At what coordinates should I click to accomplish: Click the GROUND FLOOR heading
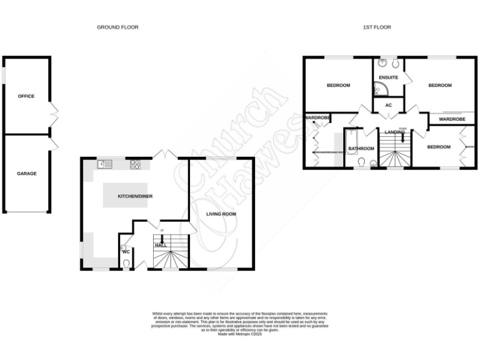[117, 27]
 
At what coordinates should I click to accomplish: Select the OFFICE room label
[26, 96]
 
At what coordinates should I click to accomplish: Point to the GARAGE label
[26, 173]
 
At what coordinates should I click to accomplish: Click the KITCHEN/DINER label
[136, 196]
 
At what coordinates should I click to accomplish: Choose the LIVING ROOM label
[221, 214]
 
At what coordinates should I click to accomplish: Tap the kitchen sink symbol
[105, 164]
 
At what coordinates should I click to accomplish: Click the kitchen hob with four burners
[135, 164]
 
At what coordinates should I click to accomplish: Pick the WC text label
[126, 252]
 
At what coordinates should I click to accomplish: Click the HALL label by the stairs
[161, 246]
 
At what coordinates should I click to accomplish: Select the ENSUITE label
[388, 78]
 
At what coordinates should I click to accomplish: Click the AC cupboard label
[388, 105]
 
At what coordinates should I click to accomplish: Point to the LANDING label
[394, 132]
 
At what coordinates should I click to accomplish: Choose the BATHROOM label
[361, 149]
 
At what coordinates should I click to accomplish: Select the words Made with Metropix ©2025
[240, 334]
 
